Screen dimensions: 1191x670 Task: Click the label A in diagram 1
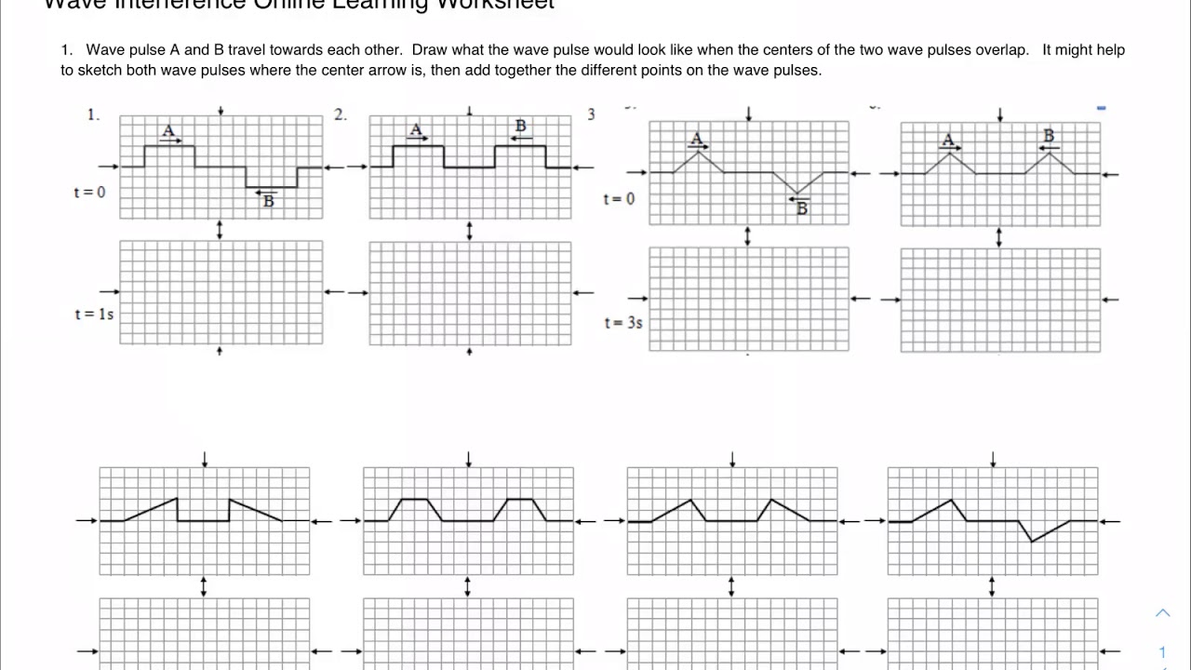pyautogui.click(x=167, y=130)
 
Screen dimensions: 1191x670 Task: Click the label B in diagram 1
pyautogui.click(x=269, y=201)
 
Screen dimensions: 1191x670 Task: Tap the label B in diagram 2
pyautogui.click(x=521, y=126)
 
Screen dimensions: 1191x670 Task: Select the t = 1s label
pyautogui.click(x=94, y=315)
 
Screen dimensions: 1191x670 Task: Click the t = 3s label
pyautogui.click(x=623, y=323)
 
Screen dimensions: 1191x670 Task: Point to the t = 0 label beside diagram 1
pyautogui.click(x=90, y=193)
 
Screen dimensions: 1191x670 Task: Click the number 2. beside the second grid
pyautogui.click(x=341, y=114)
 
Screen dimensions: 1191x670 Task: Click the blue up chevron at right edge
pyautogui.click(x=1163, y=612)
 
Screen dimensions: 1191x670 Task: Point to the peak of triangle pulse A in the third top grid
pyautogui.click(x=698, y=151)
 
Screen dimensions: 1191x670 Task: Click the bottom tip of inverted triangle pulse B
pyautogui.click(x=797, y=194)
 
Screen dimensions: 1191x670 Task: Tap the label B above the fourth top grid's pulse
pyautogui.click(x=1050, y=136)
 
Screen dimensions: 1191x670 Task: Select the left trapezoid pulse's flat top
pyautogui.click(x=413, y=500)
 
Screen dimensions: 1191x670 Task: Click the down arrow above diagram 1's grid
pyautogui.click(x=221, y=111)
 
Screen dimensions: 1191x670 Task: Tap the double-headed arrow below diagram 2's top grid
pyautogui.click(x=469, y=230)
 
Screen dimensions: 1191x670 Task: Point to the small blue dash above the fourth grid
pyautogui.click(x=1102, y=109)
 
